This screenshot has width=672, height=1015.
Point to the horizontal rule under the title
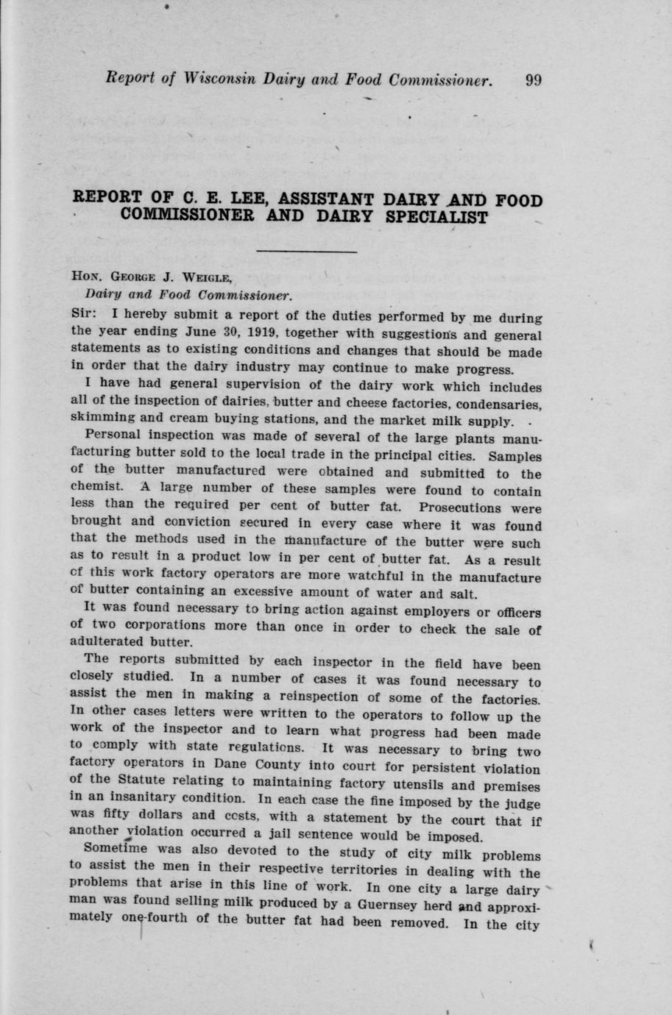click(306, 253)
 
